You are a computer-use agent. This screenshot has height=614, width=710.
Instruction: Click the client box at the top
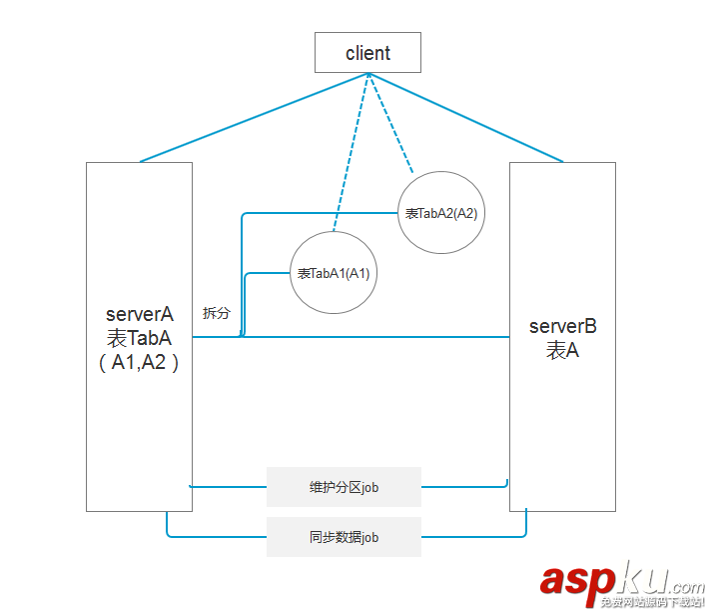(367, 53)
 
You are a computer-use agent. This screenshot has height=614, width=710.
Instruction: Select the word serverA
(139, 315)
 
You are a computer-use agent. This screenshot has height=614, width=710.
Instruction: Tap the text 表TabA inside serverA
(139, 339)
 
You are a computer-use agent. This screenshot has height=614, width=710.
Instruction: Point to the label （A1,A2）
(139, 363)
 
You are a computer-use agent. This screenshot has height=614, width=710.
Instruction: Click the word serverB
(562, 326)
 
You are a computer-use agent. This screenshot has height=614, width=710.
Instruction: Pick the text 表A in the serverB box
(562, 350)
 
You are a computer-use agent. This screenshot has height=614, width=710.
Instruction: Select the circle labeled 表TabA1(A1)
(334, 273)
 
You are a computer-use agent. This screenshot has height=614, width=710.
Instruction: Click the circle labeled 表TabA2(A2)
(441, 213)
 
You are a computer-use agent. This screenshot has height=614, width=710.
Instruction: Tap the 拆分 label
(217, 313)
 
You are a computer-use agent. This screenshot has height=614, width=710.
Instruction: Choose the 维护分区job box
(344, 487)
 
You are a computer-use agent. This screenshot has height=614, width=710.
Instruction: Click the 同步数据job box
(344, 537)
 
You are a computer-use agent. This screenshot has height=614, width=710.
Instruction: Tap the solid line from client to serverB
(469, 117)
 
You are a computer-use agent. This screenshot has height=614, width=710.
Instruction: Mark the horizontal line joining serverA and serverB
(379, 337)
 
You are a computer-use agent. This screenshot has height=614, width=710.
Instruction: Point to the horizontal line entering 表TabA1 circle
(268, 273)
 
